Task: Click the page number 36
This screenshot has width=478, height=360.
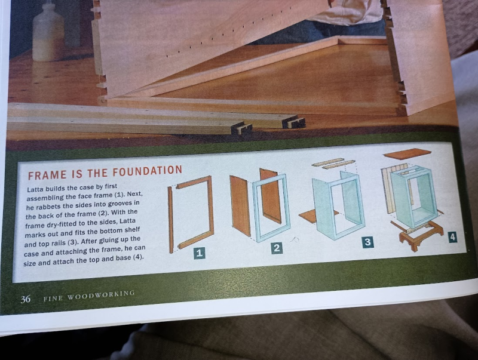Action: [x=26, y=299]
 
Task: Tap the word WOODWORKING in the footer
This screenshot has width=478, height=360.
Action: [x=101, y=295]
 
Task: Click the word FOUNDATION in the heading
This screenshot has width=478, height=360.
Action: [x=147, y=171]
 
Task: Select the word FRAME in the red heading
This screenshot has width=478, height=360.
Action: [x=47, y=175]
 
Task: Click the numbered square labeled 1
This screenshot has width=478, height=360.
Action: [x=200, y=253]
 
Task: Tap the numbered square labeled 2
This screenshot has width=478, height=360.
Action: [x=277, y=248]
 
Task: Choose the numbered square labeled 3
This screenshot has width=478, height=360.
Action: [x=367, y=242]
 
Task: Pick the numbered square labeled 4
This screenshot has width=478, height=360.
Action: [x=452, y=237]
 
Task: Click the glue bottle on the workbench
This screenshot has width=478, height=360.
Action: [x=48, y=33]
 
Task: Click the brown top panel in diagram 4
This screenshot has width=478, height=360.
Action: [x=407, y=153]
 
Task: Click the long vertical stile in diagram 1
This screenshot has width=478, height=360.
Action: [x=171, y=220]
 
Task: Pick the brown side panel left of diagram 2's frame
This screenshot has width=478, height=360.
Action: [x=241, y=205]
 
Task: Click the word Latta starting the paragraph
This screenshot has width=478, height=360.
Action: [x=35, y=189]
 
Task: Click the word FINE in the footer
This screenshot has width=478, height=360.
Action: [x=53, y=298]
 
